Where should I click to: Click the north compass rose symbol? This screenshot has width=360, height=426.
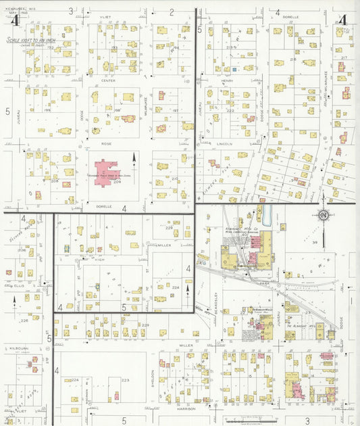[323, 216]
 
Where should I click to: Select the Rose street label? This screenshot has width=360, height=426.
[106, 143]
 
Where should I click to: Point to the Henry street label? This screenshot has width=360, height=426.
[227, 80]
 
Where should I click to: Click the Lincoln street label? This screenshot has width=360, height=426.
[226, 143]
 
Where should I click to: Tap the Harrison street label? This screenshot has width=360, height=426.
[186, 408]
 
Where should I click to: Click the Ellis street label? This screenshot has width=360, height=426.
[18, 285]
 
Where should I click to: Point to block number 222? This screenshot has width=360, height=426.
[230, 111]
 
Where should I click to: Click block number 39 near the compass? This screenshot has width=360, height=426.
[333, 241]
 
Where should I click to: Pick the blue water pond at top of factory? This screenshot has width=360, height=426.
[267, 216]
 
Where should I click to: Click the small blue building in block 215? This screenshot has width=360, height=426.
[234, 69]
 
